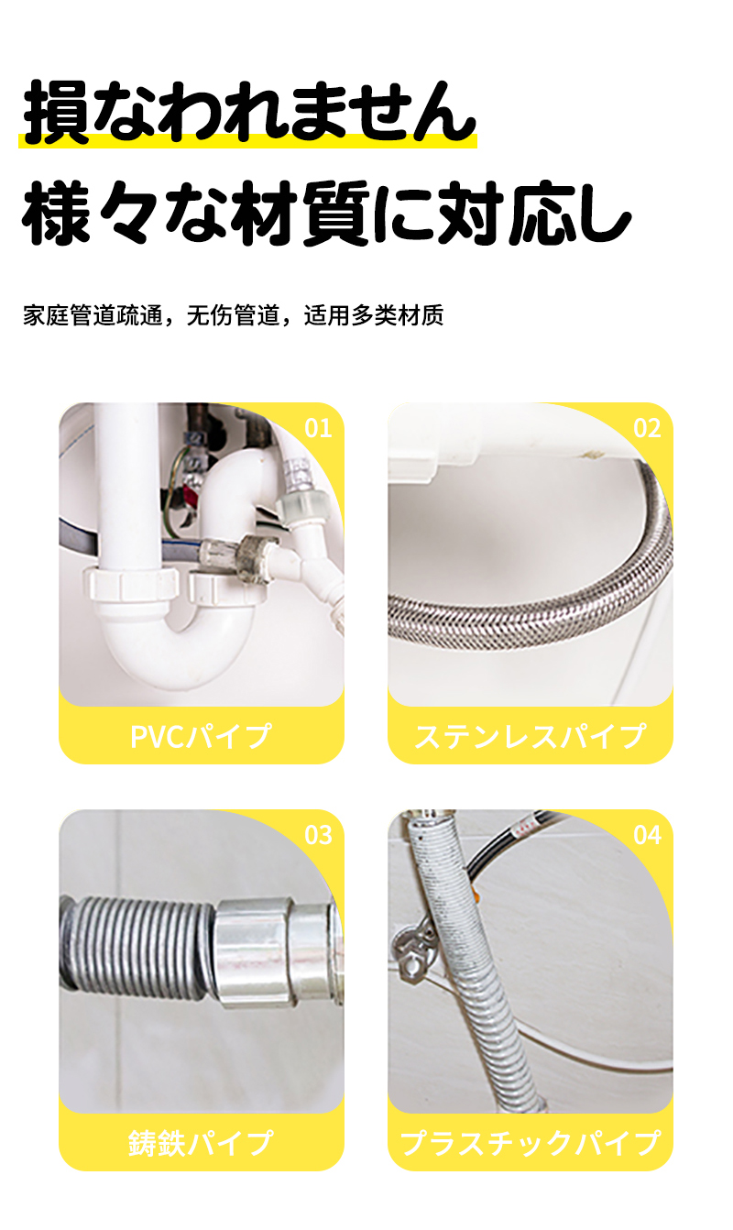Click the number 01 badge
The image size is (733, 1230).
pyautogui.click(x=318, y=428)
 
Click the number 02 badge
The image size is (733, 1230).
pyautogui.click(x=647, y=428)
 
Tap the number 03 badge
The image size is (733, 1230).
pyautogui.click(x=318, y=835)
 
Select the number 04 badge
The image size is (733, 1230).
pyautogui.click(x=647, y=835)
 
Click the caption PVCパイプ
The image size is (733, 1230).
pyautogui.click(x=201, y=736)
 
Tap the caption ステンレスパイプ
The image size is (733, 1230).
pyautogui.click(x=530, y=736)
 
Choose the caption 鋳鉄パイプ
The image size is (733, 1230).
pyautogui.click(x=201, y=1143)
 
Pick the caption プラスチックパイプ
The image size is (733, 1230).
pyautogui.click(x=530, y=1143)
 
